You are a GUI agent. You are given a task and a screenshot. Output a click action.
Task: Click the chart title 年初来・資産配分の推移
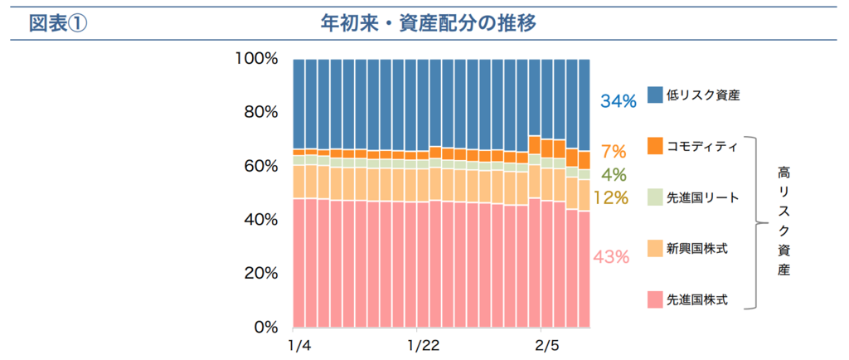pos(428,22)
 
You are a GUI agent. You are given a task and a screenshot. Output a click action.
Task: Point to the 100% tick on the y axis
pos(255,59)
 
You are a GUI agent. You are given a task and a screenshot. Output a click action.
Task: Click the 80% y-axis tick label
pos(260,112)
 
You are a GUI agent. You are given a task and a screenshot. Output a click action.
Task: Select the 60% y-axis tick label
pos(260,166)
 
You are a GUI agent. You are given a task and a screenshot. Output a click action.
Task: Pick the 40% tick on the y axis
pos(260,220)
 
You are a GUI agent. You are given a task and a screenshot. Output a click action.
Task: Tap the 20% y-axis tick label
pos(260,273)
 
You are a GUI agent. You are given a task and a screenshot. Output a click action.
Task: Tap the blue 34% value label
pos(618,101)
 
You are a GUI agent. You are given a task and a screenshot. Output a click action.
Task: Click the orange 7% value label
pos(613,152)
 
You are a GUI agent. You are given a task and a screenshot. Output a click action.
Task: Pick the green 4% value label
pos(613,175)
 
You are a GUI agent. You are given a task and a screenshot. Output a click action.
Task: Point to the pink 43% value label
pos(611,257)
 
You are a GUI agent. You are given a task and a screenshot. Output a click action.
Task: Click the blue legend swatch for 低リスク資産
pos(654,95)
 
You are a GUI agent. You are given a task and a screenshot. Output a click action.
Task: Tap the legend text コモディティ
pos(702,147)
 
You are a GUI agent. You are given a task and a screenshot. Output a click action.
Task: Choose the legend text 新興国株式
pos(697,248)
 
